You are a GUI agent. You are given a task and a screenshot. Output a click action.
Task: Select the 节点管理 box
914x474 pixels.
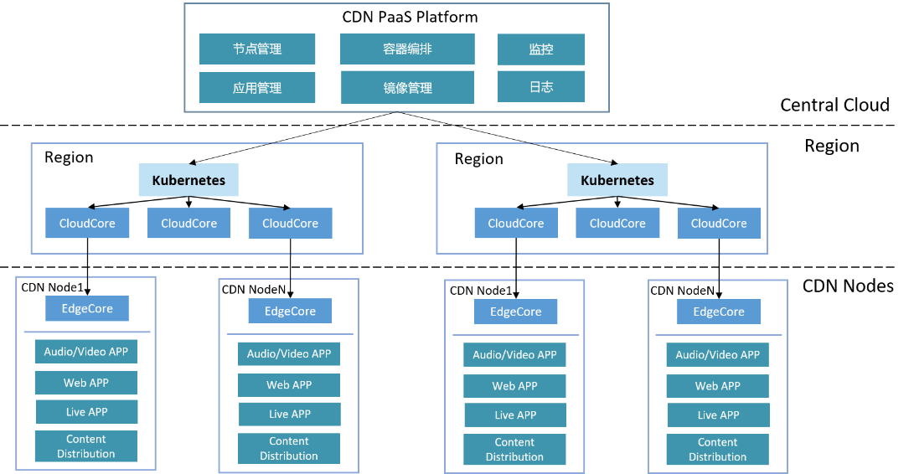(257, 49)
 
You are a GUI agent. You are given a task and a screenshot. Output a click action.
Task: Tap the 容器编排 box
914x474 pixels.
(407, 49)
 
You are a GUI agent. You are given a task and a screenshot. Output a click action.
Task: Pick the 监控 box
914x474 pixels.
(540, 49)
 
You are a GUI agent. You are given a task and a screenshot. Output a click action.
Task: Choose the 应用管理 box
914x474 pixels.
(257, 88)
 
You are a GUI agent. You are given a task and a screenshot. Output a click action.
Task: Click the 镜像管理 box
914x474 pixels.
(407, 88)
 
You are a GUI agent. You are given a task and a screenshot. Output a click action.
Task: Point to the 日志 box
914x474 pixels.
(540, 87)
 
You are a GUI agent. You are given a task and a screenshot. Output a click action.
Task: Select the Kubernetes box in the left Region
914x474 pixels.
(188, 180)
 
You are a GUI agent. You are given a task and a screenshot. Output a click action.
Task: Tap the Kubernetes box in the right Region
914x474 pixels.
(617, 180)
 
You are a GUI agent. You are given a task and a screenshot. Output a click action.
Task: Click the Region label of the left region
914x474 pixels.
(69, 157)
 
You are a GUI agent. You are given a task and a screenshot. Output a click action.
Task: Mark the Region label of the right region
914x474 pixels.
(478, 159)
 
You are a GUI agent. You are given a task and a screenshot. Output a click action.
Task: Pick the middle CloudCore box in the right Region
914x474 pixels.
(617, 224)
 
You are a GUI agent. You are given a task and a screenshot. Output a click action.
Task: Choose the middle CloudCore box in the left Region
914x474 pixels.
(188, 224)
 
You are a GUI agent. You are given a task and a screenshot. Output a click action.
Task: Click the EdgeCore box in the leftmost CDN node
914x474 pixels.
(87, 308)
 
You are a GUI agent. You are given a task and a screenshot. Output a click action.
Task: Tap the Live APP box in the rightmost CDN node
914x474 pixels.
(718, 415)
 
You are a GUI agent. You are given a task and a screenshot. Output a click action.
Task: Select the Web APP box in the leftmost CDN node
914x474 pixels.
(86, 383)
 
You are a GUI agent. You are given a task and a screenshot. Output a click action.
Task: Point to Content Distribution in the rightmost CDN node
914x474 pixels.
(718, 450)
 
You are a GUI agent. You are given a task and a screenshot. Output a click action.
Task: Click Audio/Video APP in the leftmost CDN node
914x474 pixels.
(86, 352)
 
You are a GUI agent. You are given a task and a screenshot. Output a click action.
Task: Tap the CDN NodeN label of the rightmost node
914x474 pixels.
(682, 291)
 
